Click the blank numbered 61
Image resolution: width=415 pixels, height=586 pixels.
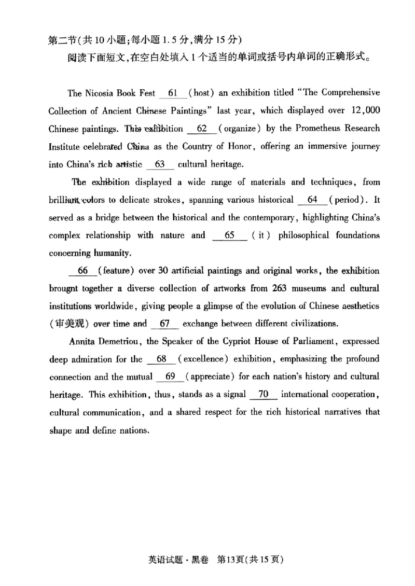[173, 93]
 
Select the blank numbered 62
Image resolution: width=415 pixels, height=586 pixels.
[202, 129]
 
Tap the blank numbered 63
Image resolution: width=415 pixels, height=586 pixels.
[160, 164]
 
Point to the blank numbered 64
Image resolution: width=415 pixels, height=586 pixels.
[312, 200]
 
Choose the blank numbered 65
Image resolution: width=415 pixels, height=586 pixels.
[230, 235]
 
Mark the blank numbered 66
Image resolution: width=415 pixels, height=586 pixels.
[82, 271]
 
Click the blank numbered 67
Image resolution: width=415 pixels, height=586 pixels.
[165, 324]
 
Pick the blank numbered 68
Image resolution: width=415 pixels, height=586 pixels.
[161, 359]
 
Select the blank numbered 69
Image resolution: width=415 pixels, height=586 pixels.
[170, 376]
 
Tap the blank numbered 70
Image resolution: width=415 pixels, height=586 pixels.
[264, 394]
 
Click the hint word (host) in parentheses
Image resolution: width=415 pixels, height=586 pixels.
[198, 93]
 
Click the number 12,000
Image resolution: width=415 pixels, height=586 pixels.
[361, 110]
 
